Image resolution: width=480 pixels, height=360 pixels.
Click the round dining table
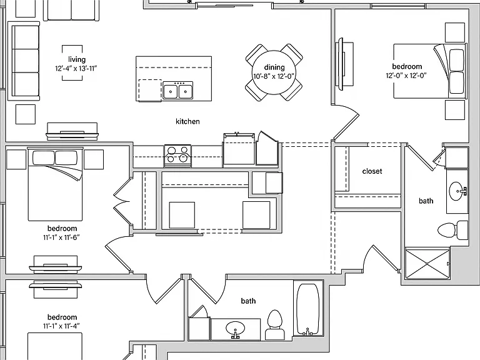pos(274,72)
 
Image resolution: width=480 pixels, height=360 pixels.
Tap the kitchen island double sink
pos(178,90)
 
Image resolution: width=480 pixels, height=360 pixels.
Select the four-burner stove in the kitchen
pos(178,156)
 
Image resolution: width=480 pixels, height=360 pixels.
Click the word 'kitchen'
pos(187,121)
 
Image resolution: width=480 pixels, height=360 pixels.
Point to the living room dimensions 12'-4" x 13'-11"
pos(76,68)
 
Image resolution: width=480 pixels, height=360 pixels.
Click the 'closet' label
pos(372,171)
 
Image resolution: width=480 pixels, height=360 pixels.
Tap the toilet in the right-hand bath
pos(452,230)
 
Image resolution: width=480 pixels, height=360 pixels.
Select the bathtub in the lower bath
pos(308,309)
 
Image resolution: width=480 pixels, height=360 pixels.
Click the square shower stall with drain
pos(427,264)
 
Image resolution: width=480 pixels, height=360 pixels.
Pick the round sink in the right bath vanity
pos(458,191)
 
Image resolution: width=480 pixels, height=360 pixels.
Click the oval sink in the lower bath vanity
pos(235,329)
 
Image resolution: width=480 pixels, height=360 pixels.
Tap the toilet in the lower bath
pos(274,324)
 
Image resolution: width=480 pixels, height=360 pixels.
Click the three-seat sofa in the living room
pos(24,61)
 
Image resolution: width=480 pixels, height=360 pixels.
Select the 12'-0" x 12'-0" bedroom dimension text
pos(406,76)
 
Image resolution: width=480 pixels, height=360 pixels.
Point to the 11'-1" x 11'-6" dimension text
pos(61,237)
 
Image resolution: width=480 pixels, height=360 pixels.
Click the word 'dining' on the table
pos(274,67)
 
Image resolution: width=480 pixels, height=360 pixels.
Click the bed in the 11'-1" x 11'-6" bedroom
pos(55,184)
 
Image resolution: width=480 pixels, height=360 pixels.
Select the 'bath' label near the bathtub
pos(248,301)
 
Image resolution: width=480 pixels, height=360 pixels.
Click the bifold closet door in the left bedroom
pos(122,201)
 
